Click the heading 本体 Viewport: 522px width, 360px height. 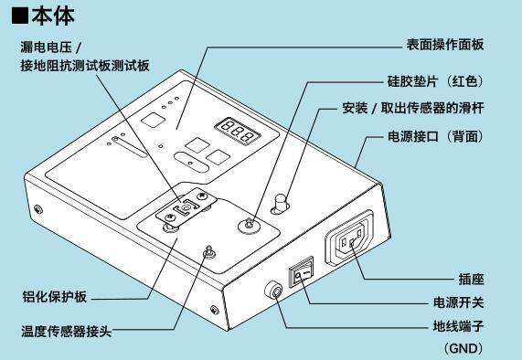(53, 16)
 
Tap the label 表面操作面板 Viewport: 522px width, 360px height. (445, 45)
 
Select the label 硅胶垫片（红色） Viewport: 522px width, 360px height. (435, 81)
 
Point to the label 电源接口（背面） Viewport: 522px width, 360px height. (435, 136)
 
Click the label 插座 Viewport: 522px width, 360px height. (471, 279)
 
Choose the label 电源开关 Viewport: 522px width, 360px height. (458, 302)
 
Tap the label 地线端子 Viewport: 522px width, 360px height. (458, 326)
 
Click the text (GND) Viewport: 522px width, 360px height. (463, 348)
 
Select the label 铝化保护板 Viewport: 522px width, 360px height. (55, 296)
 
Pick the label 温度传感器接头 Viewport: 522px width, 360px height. (67, 331)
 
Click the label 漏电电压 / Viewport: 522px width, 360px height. (50, 47)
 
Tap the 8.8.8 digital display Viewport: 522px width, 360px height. (237, 131)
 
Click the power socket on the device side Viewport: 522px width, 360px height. (349, 238)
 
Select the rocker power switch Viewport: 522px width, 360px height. (301, 271)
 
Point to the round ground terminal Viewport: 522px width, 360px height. (273, 291)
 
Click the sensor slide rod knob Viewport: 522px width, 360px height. (281, 203)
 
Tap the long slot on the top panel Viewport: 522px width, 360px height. (129, 147)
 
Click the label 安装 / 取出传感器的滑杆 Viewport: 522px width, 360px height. (413, 108)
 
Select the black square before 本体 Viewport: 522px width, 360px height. (20, 16)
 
